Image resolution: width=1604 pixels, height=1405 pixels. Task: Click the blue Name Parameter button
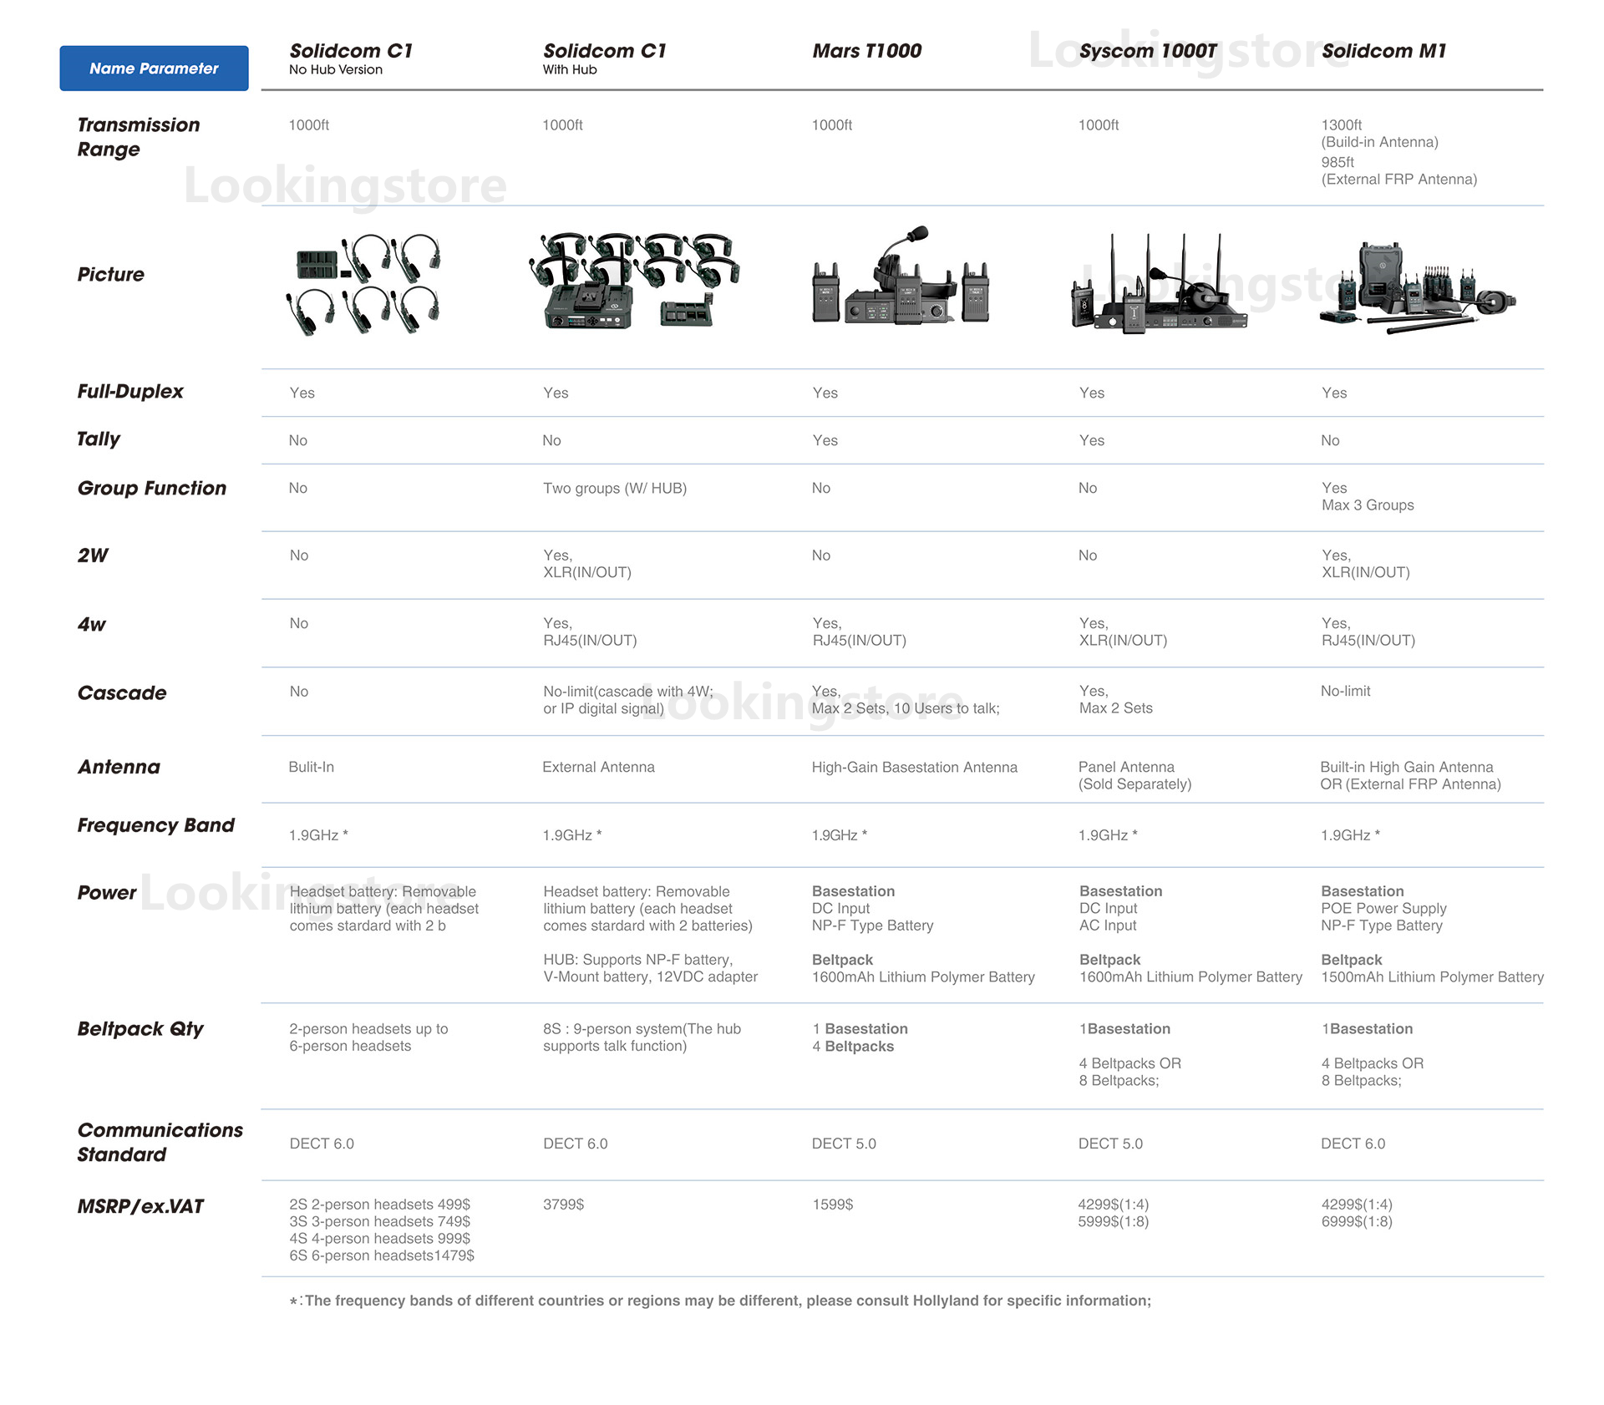tap(154, 68)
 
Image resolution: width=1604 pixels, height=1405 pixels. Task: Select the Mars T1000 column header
tap(866, 51)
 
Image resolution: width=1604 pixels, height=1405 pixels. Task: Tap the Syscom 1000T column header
tap(1147, 51)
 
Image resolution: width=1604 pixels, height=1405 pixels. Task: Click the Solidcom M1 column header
tap(1383, 51)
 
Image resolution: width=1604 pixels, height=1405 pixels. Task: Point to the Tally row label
tap(99, 439)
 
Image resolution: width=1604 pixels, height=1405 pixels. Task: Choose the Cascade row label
tap(122, 693)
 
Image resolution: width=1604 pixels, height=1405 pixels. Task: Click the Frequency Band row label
tap(155, 825)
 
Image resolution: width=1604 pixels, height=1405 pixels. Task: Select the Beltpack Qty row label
tap(140, 1029)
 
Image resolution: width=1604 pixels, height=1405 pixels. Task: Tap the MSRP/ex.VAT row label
tap(140, 1206)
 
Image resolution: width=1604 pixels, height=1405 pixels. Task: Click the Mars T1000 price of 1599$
tap(832, 1205)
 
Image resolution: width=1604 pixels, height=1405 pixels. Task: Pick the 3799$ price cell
tap(563, 1205)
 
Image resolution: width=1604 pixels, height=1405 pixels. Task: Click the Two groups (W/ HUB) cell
tap(614, 489)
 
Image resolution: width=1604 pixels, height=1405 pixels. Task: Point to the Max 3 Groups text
tap(1368, 505)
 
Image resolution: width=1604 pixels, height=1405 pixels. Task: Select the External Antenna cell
tap(598, 767)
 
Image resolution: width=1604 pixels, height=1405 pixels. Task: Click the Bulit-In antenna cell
tap(311, 767)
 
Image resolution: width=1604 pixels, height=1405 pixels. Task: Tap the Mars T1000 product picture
tap(901, 280)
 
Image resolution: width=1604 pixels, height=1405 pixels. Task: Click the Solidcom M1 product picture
tap(1417, 288)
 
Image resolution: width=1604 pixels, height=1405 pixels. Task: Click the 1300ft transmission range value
tap(1341, 125)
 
